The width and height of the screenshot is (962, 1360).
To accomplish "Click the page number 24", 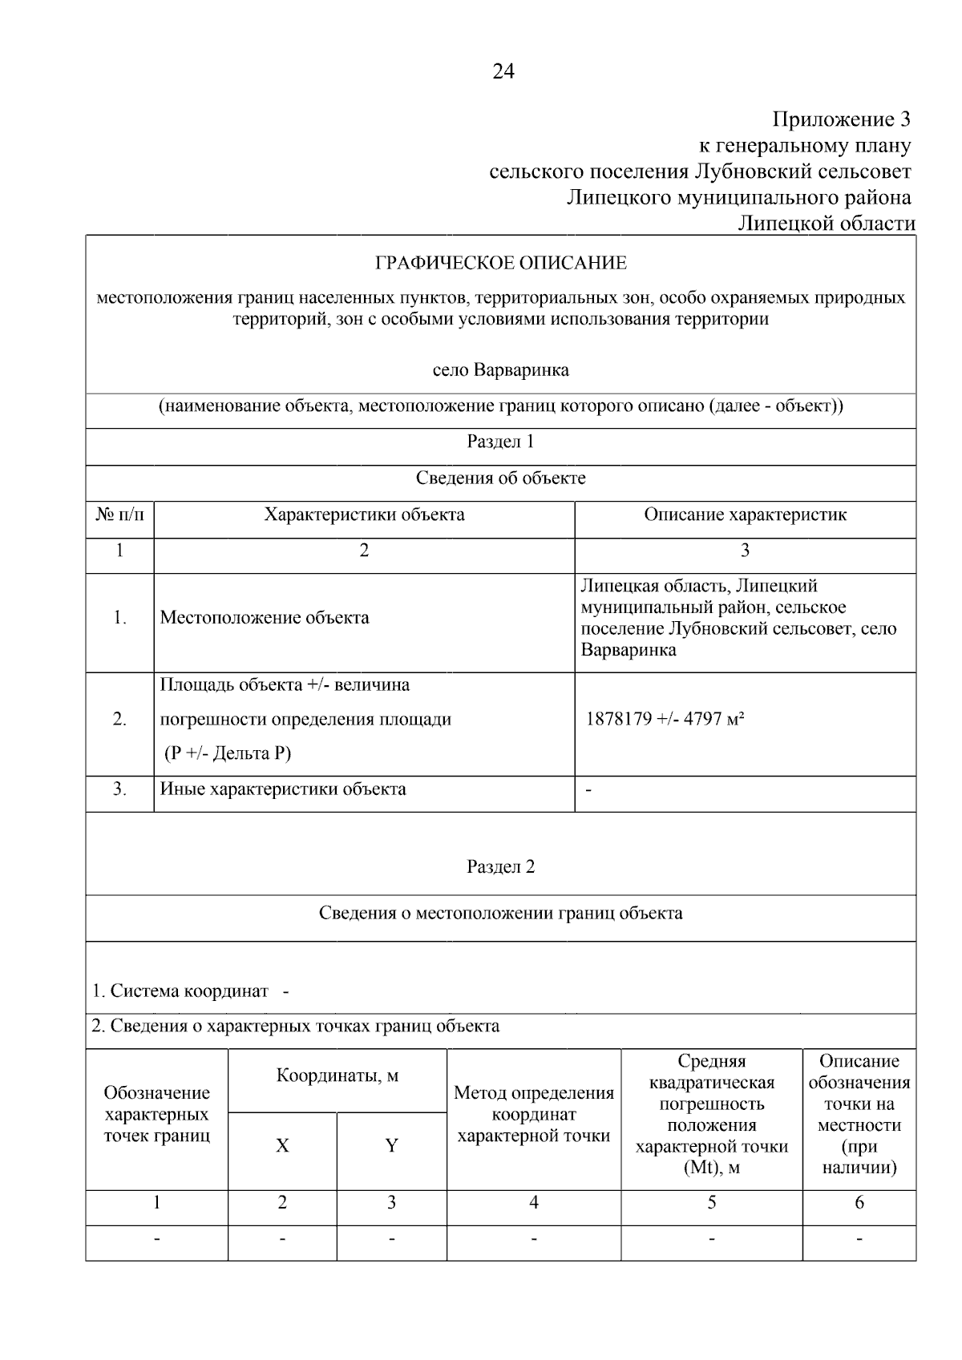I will pyautogui.click(x=503, y=72).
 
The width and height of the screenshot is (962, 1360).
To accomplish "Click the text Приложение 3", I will pyautogui.click(x=841, y=120).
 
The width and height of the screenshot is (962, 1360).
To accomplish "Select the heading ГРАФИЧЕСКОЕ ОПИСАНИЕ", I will pyautogui.click(x=501, y=263).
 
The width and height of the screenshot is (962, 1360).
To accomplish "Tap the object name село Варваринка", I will pyautogui.click(x=501, y=370).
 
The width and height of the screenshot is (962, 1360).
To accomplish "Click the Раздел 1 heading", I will pyautogui.click(x=500, y=442).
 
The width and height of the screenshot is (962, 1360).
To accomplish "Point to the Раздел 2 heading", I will pyautogui.click(x=500, y=866).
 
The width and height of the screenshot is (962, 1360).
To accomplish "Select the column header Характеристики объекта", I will pyautogui.click(x=364, y=515).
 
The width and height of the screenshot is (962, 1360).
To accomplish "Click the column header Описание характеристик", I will pyautogui.click(x=745, y=515).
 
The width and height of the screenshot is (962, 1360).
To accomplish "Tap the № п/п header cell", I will pyautogui.click(x=119, y=515).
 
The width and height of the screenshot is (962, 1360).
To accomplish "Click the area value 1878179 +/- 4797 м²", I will pyautogui.click(x=665, y=719).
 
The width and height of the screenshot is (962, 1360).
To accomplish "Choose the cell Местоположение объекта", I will pyautogui.click(x=265, y=618).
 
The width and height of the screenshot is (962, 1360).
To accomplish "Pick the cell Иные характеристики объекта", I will pyautogui.click(x=283, y=789).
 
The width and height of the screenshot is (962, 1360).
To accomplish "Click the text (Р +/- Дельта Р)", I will pyautogui.click(x=228, y=753).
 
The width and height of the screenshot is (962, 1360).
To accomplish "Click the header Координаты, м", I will pyautogui.click(x=338, y=1075).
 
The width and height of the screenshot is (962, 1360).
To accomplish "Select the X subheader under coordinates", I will pyautogui.click(x=282, y=1146).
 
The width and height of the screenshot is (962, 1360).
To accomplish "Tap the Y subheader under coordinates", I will pyautogui.click(x=391, y=1146).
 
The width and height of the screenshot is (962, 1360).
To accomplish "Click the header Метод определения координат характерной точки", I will pyautogui.click(x=534, y=1114).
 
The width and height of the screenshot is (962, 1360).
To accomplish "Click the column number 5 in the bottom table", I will pyautogui.click(x=711, y=1202).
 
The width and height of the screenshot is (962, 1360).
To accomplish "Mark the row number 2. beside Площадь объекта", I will pyautogui.click(x=119, y=720).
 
